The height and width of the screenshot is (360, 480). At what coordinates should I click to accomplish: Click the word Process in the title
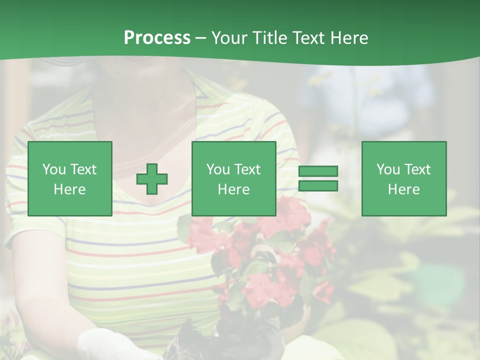(x=157, y=38)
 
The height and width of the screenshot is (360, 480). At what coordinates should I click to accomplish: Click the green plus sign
(x=152, y=179)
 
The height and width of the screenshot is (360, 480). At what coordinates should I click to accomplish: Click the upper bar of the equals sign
(x=318, y=171)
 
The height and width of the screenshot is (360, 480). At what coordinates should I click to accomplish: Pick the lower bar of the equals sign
(x=318, y=186)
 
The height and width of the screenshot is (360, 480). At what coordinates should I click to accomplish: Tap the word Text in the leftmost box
(x=83, y=169)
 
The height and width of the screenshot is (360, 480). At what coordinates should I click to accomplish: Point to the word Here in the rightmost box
(x=404, y=189)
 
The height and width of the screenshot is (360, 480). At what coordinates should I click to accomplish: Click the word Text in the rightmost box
(x=417, y=169)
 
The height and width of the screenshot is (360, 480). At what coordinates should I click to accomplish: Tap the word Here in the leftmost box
(x=70, y=189)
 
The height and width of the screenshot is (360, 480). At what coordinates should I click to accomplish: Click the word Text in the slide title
(x=308, y=38)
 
